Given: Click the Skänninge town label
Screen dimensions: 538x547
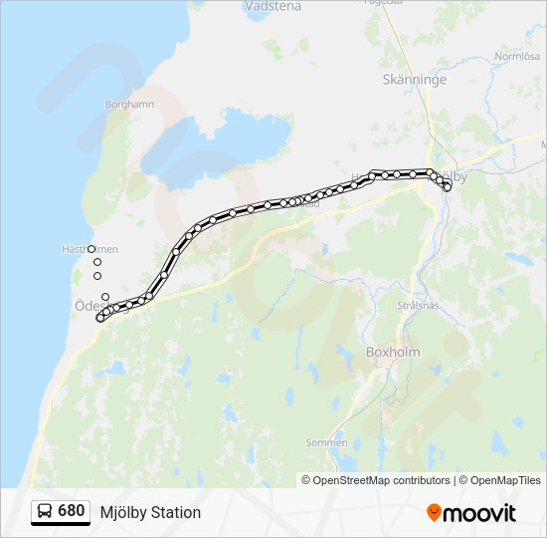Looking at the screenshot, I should [x=415, y=80].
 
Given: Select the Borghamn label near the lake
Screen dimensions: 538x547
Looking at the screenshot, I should [x=129, y=103].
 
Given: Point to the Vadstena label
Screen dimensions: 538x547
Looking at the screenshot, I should [x=273, y=5].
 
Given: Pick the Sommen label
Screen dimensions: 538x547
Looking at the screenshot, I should [x=326, y=442].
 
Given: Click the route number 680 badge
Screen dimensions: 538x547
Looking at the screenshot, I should [x=72, y=511].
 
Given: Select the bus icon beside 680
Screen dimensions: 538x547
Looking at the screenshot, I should [x=46, y=512].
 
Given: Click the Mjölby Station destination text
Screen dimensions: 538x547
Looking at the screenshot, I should [x=150, y=512].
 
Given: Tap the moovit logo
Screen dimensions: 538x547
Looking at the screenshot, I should [x=471, y=513].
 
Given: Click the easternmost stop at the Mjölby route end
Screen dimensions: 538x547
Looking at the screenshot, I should [x=448, y=187].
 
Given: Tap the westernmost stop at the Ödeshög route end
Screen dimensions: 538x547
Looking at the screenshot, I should [x=99, y=319].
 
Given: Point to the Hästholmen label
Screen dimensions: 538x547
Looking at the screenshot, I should [x=89, y=249].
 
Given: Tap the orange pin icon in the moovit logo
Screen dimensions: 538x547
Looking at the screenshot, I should [x=434, y=513].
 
